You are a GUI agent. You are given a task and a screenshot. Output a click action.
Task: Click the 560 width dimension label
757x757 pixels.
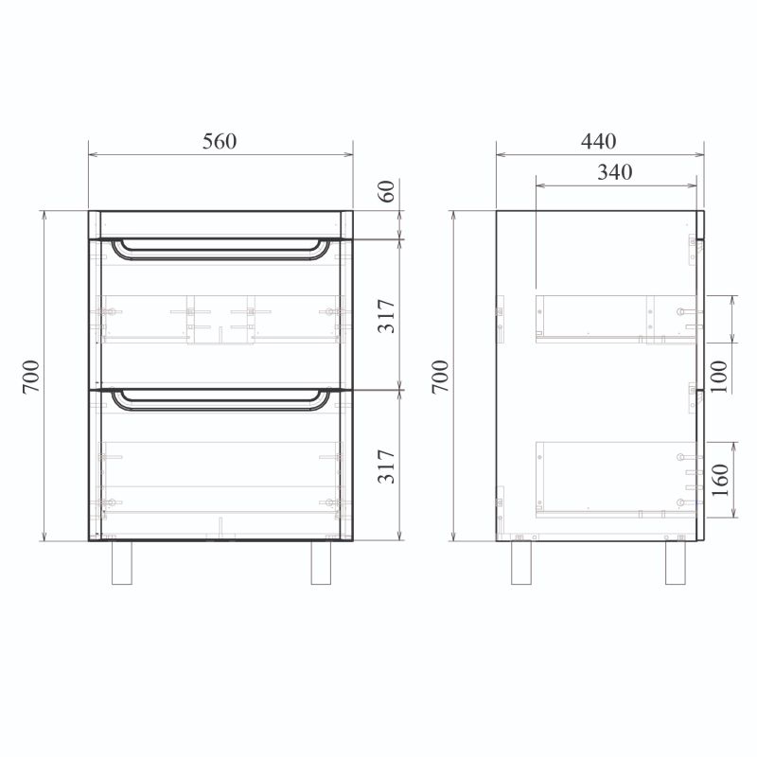point(220,141)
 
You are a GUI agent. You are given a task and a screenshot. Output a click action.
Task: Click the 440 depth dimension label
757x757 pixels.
point(599,141)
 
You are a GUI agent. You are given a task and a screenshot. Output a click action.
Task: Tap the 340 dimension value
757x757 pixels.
point(614,172)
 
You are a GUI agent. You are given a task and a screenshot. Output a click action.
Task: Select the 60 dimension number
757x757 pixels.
point(387,191)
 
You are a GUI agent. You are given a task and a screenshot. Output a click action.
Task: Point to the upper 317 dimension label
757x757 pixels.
point(387,316)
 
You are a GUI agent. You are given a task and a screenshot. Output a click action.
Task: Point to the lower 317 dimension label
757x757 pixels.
point(387,467)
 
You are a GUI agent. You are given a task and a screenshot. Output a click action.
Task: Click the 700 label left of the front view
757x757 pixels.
point(31,377)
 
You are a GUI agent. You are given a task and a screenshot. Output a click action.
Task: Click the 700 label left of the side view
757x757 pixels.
point(440,377)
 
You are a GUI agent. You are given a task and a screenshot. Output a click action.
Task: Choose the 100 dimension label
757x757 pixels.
point(719,377)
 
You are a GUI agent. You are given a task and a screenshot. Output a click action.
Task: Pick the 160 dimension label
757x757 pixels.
point(720,481)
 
